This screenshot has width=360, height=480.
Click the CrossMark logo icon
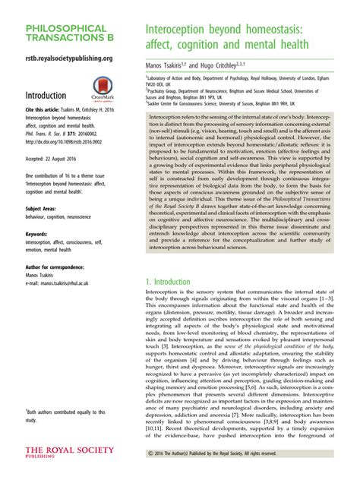coord(105,90)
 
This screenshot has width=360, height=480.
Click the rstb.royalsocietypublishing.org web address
coord(69,58)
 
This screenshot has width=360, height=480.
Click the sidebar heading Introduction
coord(54,96)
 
